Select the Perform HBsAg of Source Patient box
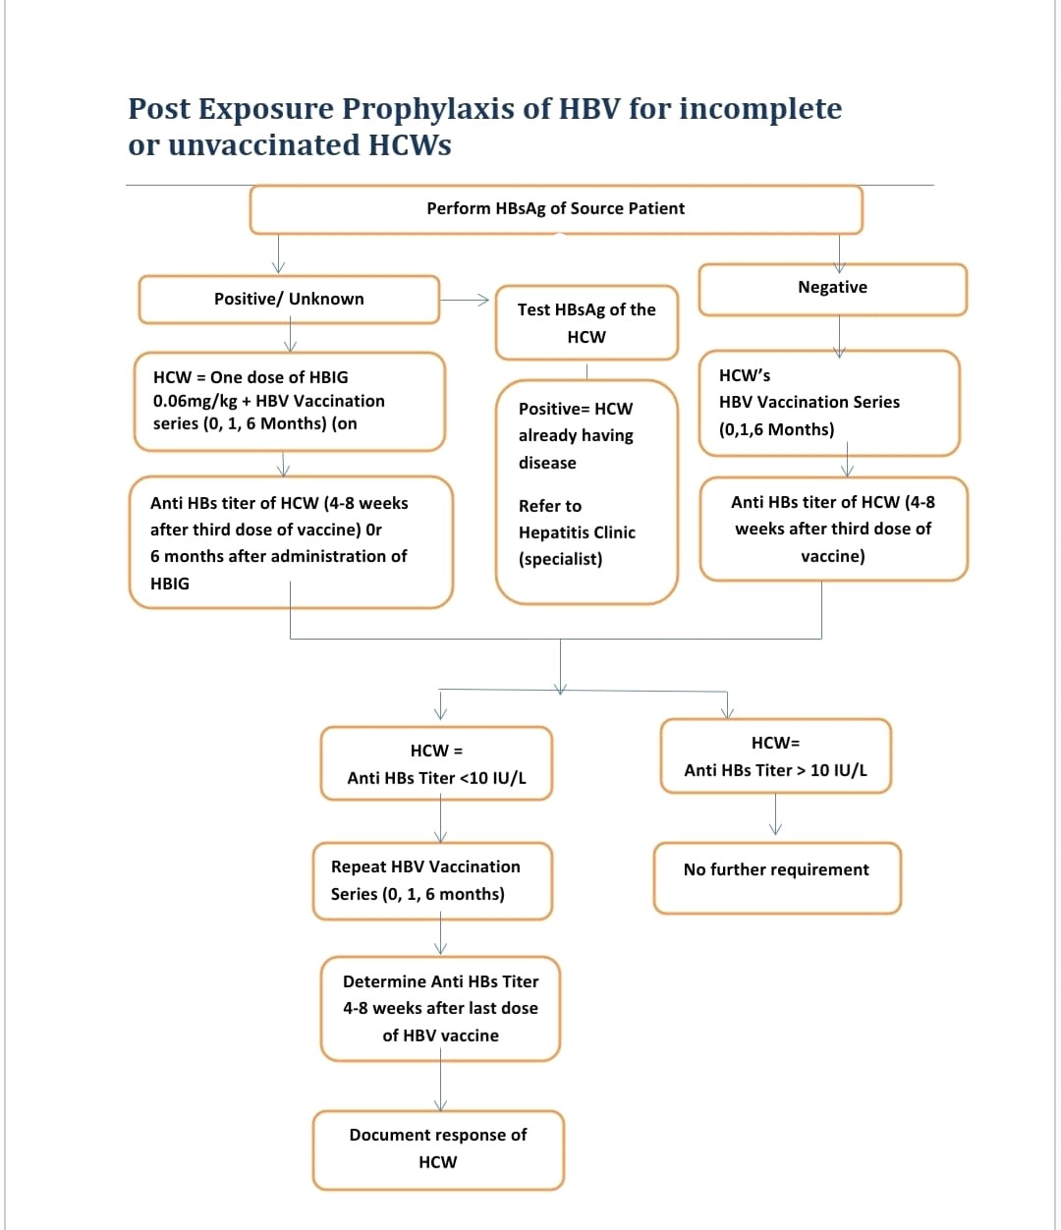[556, 209]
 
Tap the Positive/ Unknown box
[289, 300]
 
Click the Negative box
[832, 289]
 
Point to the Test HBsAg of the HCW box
[586, 322]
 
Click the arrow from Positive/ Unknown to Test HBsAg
[464, 300]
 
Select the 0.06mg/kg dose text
[195, 401]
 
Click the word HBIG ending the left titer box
[170, 584]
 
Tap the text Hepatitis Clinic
[577, 532]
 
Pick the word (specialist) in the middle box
[560, 559]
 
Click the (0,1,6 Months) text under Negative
[776, 429]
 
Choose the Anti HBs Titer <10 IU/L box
[436, 763]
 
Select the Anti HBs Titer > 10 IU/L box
[775, 755]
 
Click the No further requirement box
[777, 877]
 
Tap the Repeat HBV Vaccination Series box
[432, 880]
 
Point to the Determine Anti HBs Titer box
[440, 1009]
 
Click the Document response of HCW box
[438, 1149]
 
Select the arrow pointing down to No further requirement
[775, 814]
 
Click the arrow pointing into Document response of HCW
[440, 1080]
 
